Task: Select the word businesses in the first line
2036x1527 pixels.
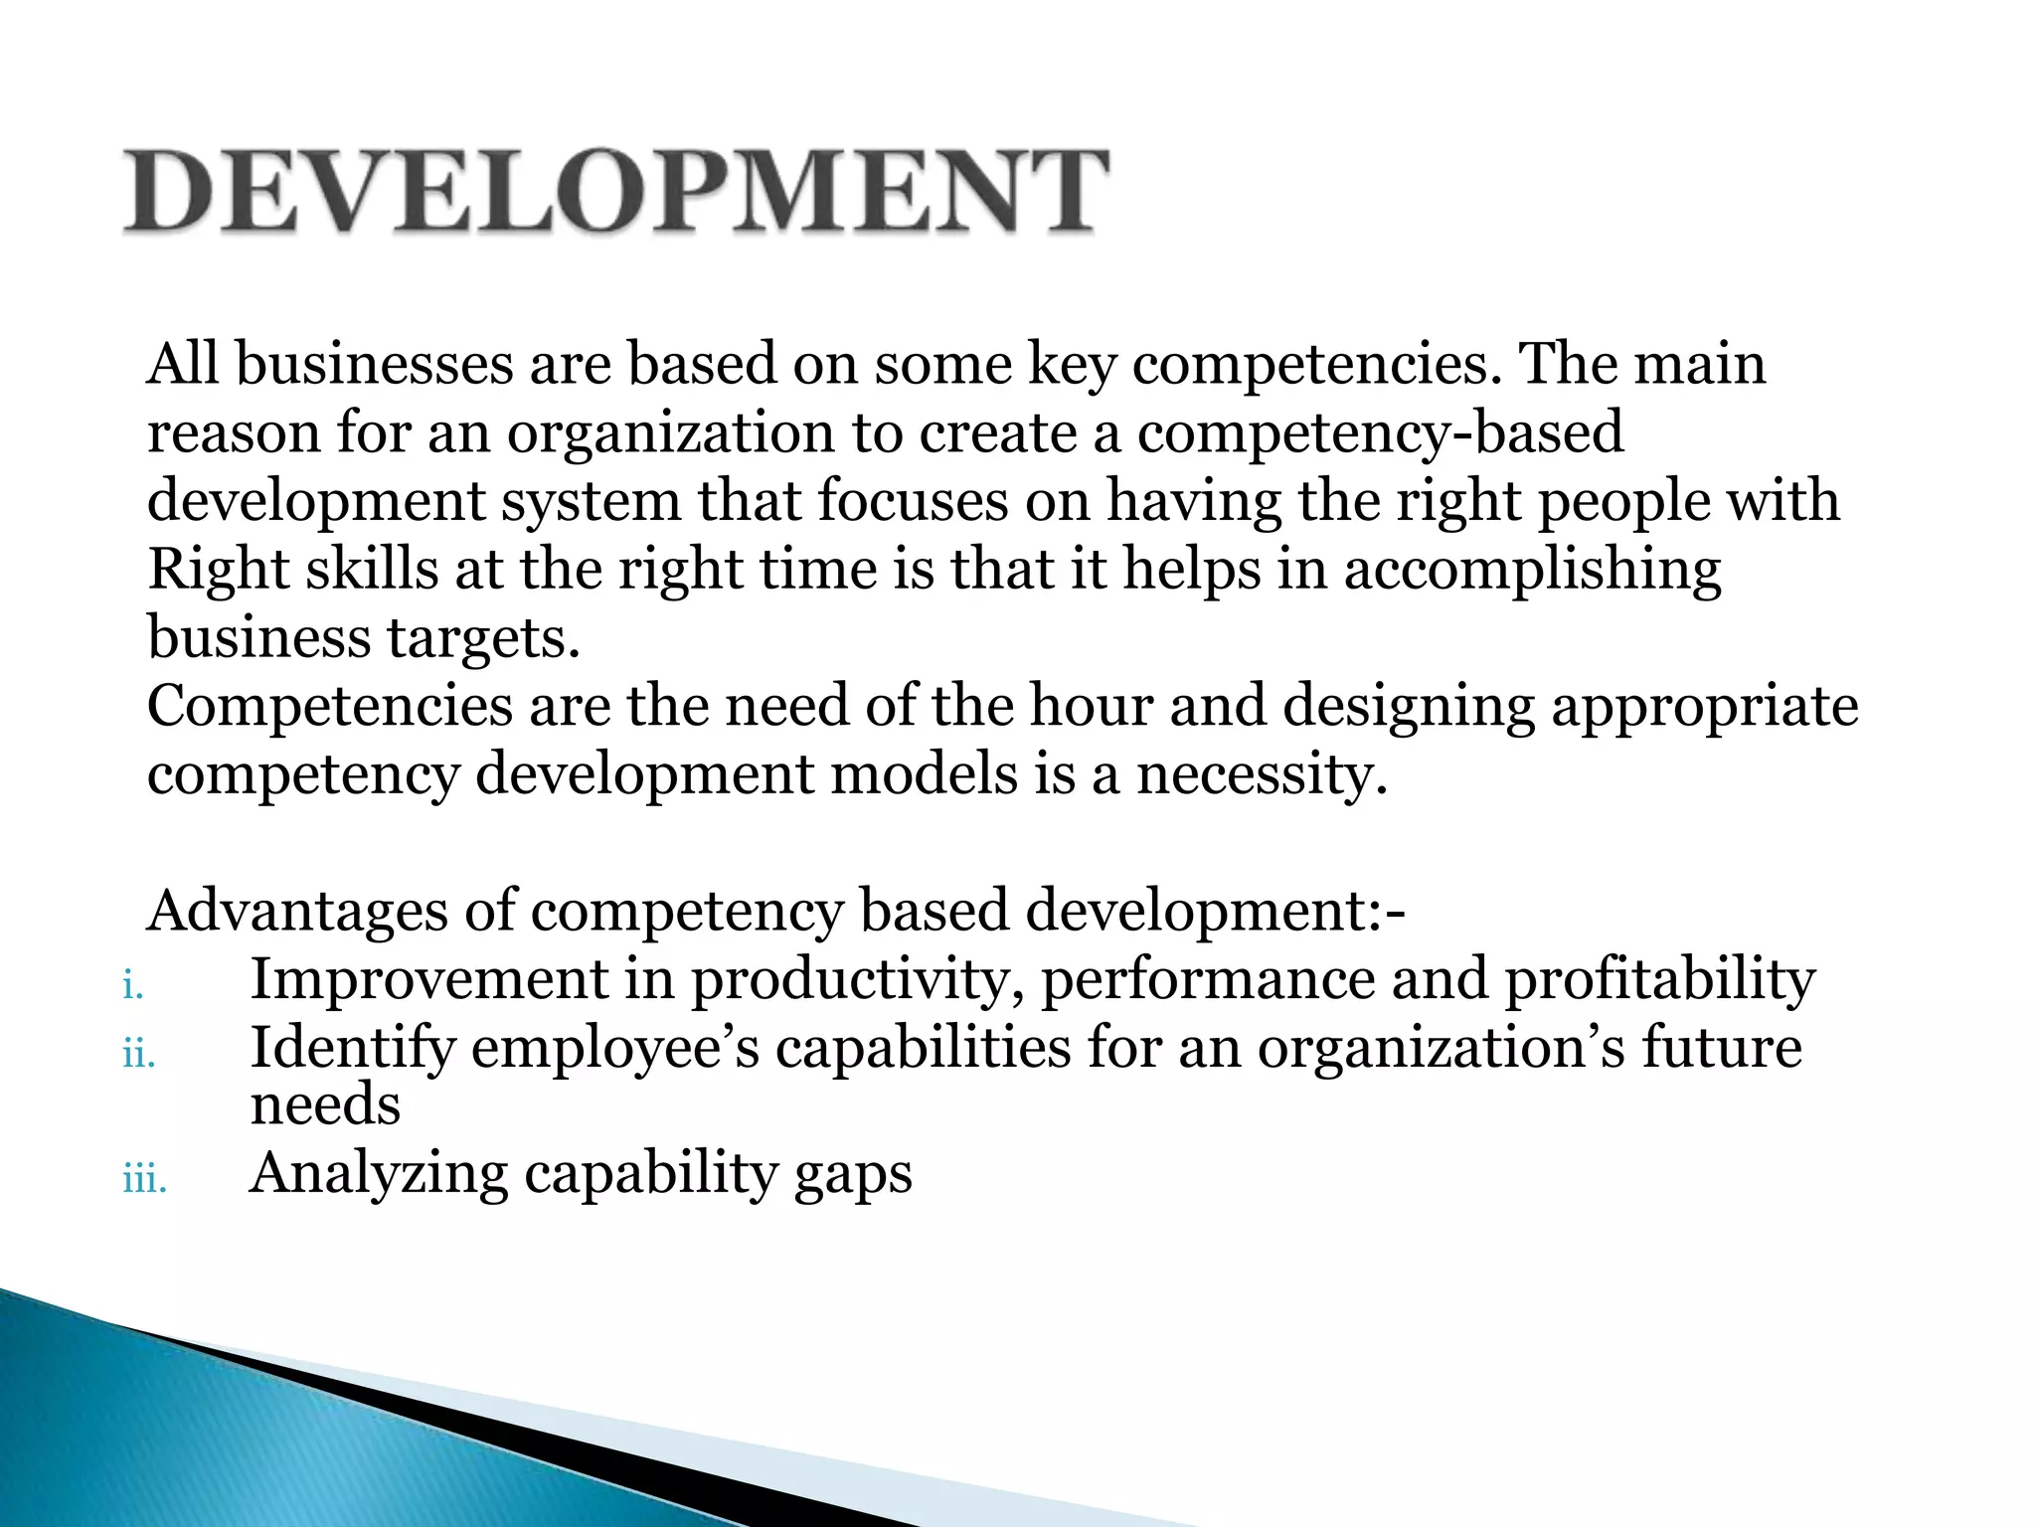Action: click(374, 364)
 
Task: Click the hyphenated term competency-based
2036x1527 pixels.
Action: click(1380, 433)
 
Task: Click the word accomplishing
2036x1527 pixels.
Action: click(1532, 570)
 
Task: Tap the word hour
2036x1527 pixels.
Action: click(1091, 706)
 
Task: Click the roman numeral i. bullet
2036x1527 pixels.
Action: click(133, 986)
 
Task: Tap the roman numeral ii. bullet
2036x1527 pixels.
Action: click(139, 1055)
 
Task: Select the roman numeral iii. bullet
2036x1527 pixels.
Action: click(144, 1180)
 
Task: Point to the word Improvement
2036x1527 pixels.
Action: click(428, 979)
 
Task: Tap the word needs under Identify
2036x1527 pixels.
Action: click(325, 1105)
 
